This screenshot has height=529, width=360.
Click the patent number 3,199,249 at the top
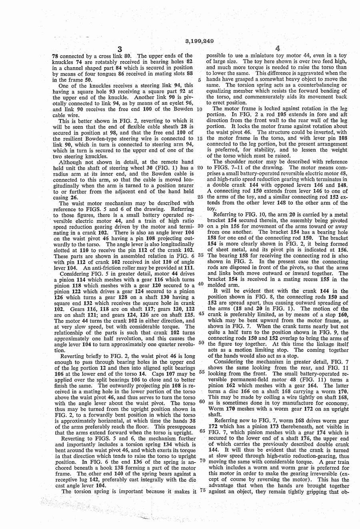click(x=200, y=41)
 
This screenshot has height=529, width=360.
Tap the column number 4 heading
click(x=278, y=49)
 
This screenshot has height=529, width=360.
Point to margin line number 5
click(x=199, y=80)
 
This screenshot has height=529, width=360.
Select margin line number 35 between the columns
click(x=201, y=254)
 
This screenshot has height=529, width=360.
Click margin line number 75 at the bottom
click(x=201, y=491)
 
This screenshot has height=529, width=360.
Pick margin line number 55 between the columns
click(x=201, y=372)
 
